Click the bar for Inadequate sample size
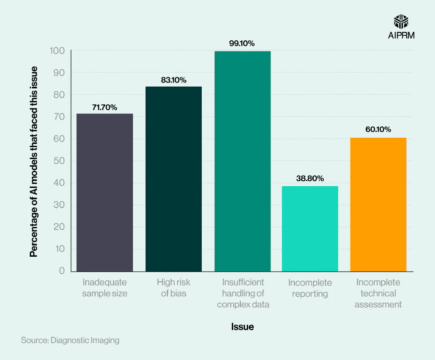click(105, 193)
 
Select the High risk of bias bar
click(173, 179)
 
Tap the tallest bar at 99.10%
click(242, 161)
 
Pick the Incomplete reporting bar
click(310, 229)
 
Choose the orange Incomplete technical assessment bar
click(378, 204)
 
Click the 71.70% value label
click(105, 108)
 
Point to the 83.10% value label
click(173, 80)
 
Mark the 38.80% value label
click(310, 179)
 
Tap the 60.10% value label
click(378, 130)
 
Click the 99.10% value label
click(242, 43)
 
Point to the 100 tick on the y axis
click(56, 51)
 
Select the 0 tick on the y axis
click(62, 271)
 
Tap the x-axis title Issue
click(243, 327)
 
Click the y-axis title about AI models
click(34, 162)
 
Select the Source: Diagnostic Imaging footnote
click(70, 340)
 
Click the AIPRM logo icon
click(401, 21)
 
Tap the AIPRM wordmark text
click(401, 35)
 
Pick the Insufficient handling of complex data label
click(243, 293)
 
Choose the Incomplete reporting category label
click(310, 288)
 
